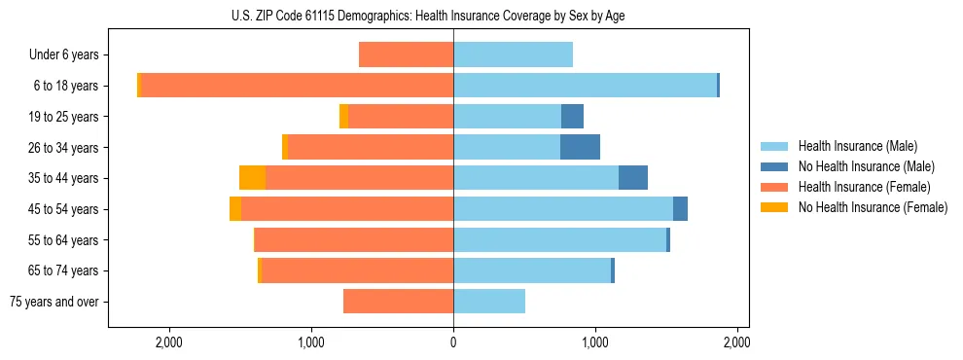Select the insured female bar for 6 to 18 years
(x=297, y=86)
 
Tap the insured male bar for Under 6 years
(x=513, y=54)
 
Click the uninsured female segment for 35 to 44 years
(x=253, y=178)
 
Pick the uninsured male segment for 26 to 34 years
(x=580, y=147)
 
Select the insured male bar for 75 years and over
(x=489, y=302)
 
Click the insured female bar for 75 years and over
(x=399, y=302)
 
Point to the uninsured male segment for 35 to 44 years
(x=633, y=178)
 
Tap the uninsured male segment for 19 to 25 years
(x=572, y=117)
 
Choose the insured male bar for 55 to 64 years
(x=559, y=239)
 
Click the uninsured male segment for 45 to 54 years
(x=680, y=209)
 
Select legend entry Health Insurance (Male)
(x=857, y=146)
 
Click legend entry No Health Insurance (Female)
(x=873, y=207)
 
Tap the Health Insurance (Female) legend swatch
(x=775, y=187)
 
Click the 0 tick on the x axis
(x=453, y=342)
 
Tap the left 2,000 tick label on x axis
(x=169, y=342)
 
